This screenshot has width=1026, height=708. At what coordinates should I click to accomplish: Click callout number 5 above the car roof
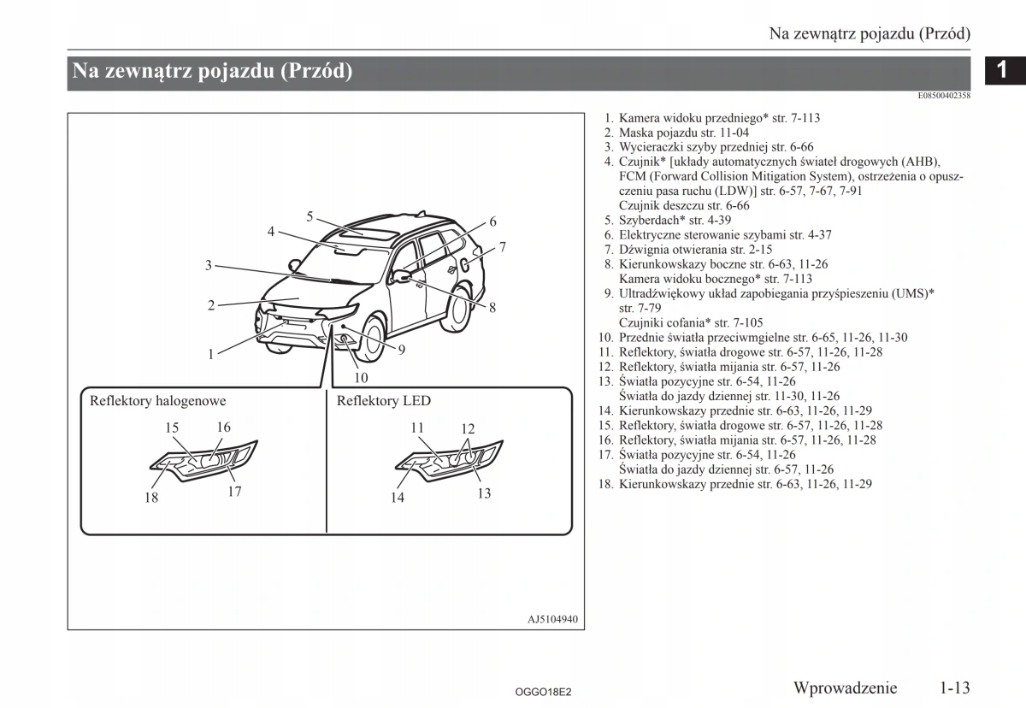pos(310,215)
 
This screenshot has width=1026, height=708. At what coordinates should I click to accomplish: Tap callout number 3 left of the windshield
pos(208,265)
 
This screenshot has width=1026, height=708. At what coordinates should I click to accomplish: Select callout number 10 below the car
pos(361,377)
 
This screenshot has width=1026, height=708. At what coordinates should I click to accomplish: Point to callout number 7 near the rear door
pos(503,247)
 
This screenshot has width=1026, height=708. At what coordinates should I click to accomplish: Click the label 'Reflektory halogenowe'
pos(158,401)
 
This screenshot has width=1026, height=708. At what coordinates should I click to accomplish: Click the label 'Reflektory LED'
pos(384,401)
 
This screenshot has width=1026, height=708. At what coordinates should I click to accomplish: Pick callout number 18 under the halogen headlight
pos(151,498)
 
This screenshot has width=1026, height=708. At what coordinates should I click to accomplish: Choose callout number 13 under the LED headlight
pos(484,493)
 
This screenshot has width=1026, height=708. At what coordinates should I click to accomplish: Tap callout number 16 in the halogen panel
pos(223,428)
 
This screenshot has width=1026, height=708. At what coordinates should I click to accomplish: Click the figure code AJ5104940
pos(553,619)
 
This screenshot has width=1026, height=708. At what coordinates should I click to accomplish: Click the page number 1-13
pos(955,687)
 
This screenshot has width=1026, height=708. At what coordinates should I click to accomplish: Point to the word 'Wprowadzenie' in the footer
pos(845,687)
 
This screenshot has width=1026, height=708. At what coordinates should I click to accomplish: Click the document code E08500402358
pos(944,96)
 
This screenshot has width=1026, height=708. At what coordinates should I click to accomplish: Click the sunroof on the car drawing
pos(363,232)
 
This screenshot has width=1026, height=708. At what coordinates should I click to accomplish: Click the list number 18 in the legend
pos(606,484)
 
